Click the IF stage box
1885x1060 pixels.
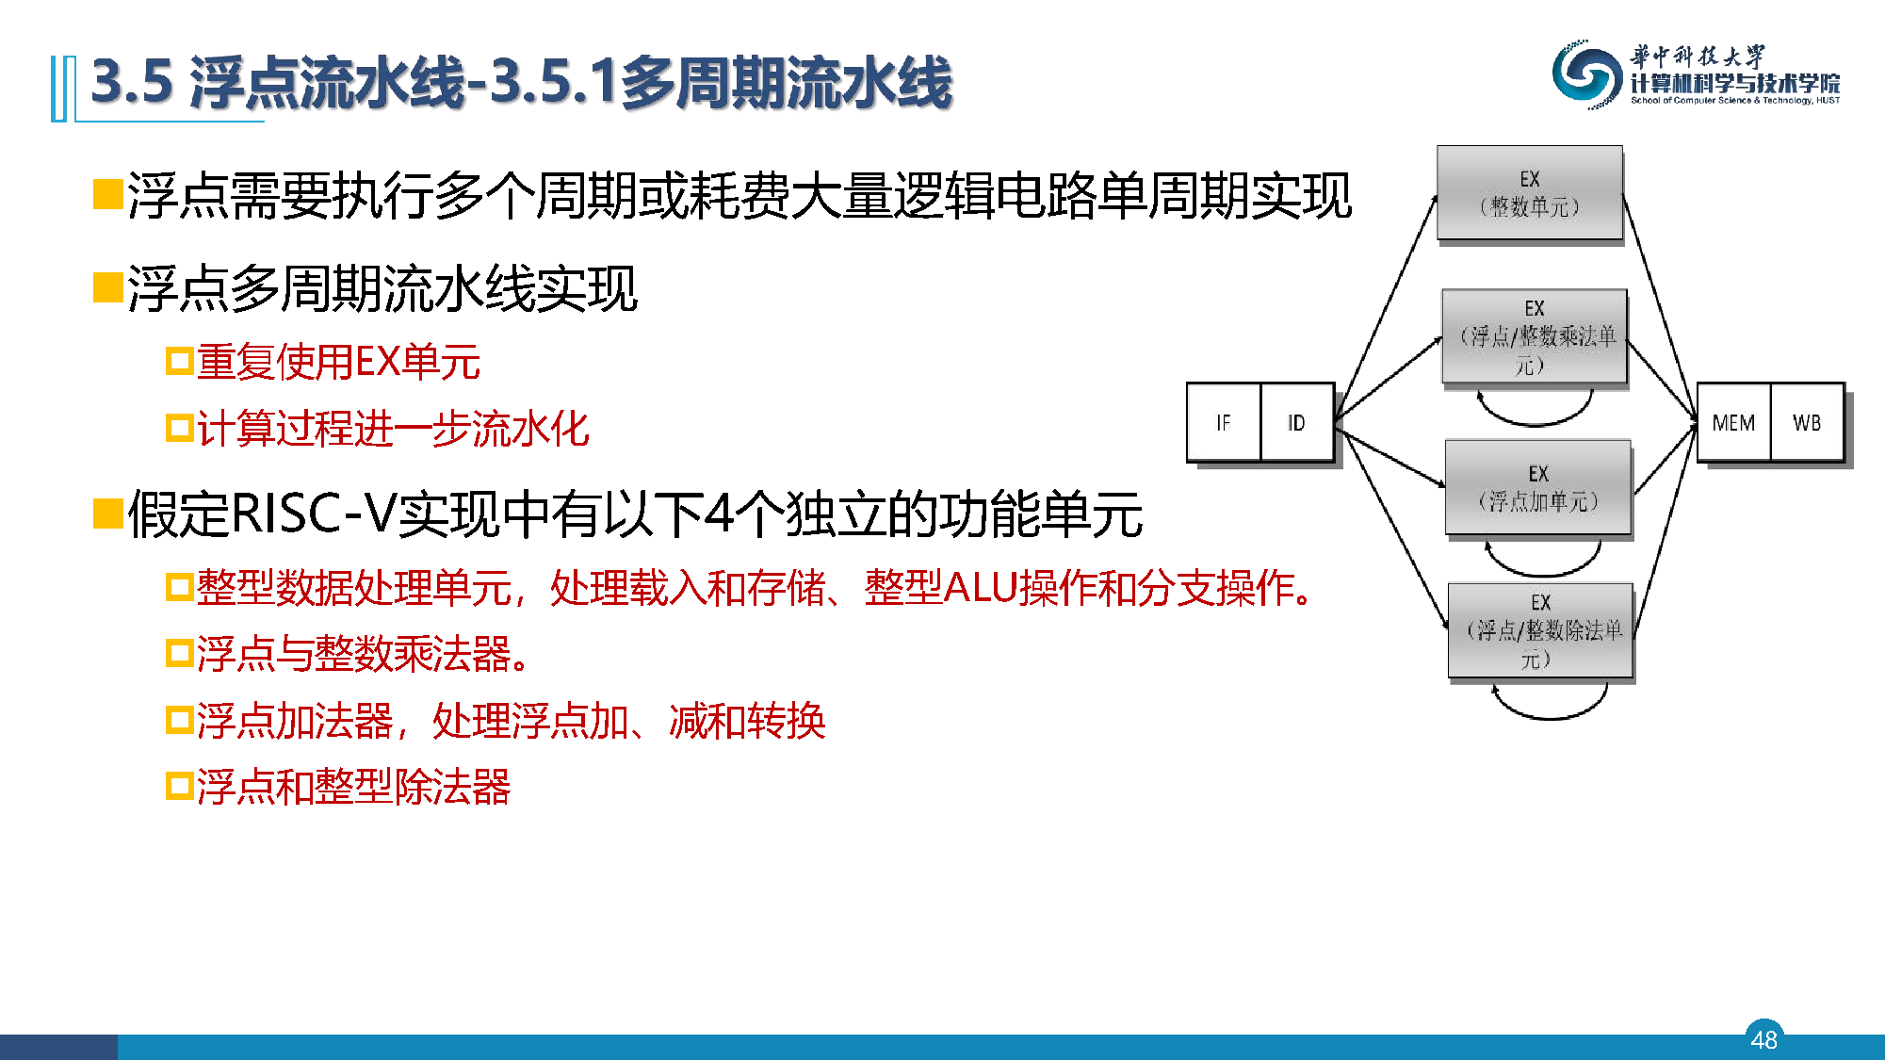(x=1223, y=422)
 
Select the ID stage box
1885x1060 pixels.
(x=1297, y=422)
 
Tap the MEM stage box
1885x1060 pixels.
(x=1733, y=422)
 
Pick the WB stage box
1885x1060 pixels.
(x=1807, y=422)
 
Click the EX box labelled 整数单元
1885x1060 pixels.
(x=1530, y=193)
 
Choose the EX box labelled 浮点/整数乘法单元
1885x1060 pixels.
(x=1535, y=336)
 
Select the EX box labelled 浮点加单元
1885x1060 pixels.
(x=1538, y=487)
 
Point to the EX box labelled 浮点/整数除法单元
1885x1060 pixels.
(x=1540, y=630)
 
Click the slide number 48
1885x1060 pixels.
(x=1763, y=1039)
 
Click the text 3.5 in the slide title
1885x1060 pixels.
(x=133, y=82)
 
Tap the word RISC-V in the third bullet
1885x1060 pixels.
(x=314, y=514)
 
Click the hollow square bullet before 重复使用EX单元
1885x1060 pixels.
(x=179, y=362)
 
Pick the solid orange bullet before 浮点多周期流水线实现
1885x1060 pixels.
(x=108, y=288)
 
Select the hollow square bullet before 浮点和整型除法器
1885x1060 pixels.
(x=179, y=786)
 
